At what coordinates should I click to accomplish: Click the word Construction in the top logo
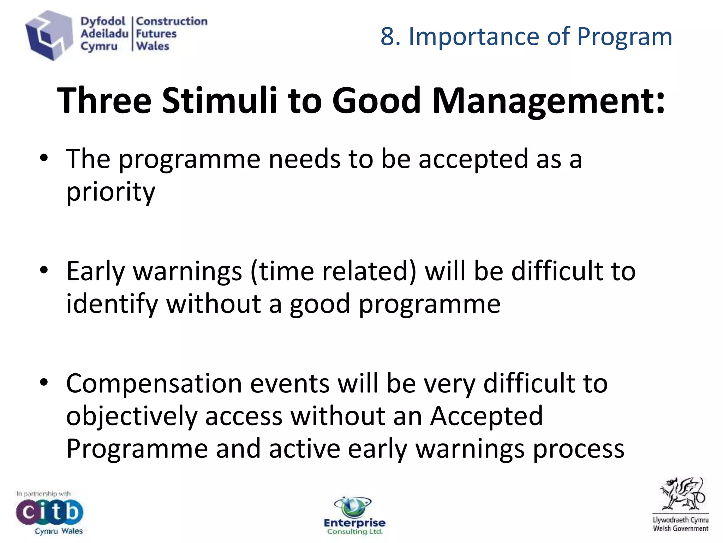[x=172, y=22]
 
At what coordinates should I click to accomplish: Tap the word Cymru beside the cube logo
[x=99, y=46]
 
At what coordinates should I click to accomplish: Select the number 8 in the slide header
[x=388, y=36]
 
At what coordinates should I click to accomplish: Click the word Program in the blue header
[x=625, y=36]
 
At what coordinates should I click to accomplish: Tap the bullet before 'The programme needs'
[x=44, y=159]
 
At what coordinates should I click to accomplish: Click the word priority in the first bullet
[x=110, y=192]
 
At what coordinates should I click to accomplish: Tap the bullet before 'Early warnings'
[x=44, y=271]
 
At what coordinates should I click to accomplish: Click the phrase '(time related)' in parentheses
[x=333, y=271]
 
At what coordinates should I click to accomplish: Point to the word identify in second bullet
[x=112, y=304]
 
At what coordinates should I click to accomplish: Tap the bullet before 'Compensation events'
[x=44, y=383]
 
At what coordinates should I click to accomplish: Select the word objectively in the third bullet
[x=131, y=416]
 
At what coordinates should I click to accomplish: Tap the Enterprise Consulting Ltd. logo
[x=354, y=516]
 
